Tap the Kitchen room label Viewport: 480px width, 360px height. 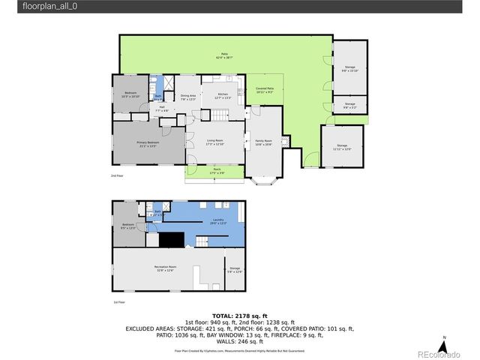tap(223, 94)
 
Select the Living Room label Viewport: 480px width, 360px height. tap(215, 142)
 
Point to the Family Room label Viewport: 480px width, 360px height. tap(263, 142)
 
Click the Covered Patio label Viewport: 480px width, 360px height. tap(265, 90)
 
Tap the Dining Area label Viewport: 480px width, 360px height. tap(188, 97)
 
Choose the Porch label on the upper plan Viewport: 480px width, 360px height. tap(216, 170)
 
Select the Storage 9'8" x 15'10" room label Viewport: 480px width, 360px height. tap(349, 69)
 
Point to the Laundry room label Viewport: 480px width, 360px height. tap(217, 220)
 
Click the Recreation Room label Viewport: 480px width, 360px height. tap(165, 268)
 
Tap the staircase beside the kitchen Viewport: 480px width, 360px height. tap(219, 115)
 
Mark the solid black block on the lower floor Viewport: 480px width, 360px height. tap(174, 238)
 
